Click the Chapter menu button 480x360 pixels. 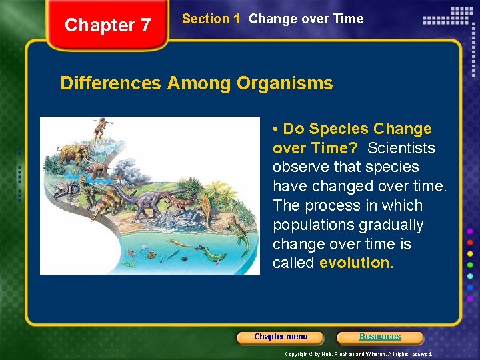[x=281, y=337]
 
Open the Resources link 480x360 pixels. [x=380, y=337]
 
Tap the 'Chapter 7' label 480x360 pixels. [x=108, y=25]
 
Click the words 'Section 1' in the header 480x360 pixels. [x=211, y=19]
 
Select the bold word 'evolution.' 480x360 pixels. [x=357, y=263]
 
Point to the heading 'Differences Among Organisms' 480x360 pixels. [x=197, y=83]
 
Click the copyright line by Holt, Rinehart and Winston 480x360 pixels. [x=358, y=354]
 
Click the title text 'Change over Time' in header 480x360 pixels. [x=306, y=19]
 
